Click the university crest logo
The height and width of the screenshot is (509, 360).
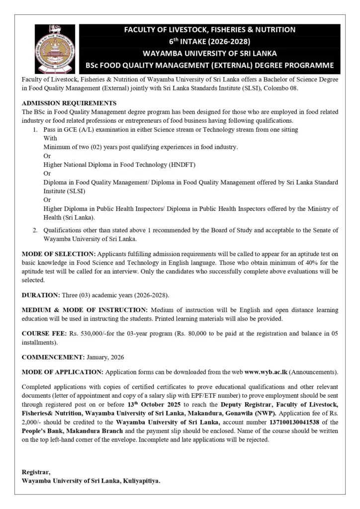pyautogui.click(x=56, y=49)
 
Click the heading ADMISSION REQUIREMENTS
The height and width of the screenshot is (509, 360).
pyautogui.click(x=69, y=103)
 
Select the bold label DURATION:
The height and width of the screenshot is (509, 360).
pyautogui.click(x=41, y=295)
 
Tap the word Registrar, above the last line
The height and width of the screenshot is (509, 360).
pyautogui.click(x=36, y=471)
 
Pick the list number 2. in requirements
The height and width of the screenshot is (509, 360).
pyautogui.click(x=36, y=230)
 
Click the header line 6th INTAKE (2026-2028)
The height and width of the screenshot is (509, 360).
pyautogui.click(x=209, y=41)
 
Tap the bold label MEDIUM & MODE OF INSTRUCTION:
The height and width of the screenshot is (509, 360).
pyautogui.click(x=85, y=310)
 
